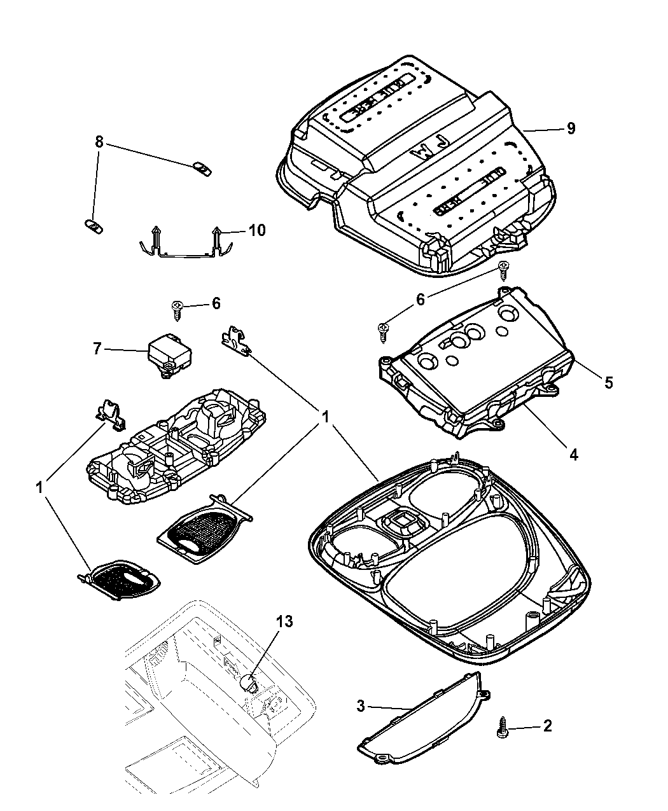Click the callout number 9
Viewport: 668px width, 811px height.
tap(571, 128)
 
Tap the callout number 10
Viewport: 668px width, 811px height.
tap(256, 230)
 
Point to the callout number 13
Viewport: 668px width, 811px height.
tap(284, 621)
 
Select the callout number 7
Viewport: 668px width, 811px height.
tap(97, 348)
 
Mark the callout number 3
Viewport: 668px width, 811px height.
tap(361, 705)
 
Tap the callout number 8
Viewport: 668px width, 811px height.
tap(99, 142)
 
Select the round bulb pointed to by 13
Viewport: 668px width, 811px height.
tap(249, 684)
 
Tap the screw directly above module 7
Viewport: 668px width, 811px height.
tap(177, 310)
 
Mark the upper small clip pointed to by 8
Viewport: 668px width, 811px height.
tap(202, 169)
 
